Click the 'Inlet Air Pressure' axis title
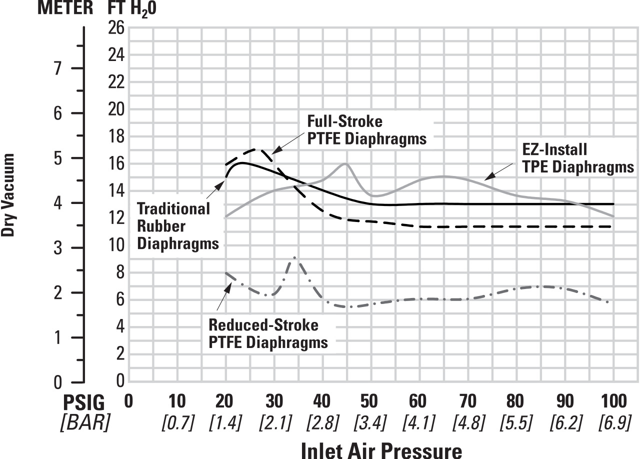click(x=381, y=449)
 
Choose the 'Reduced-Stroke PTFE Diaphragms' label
click(x=268, y=334)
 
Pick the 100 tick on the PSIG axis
click(x=613, y=401)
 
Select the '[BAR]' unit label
click(x=85, y=423)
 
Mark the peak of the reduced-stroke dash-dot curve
click(x=295, y=257)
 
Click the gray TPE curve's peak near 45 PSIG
click(x=345, y=163)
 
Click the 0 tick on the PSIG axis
click(x=129, y=401)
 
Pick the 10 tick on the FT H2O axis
click(x=116, y=245)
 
